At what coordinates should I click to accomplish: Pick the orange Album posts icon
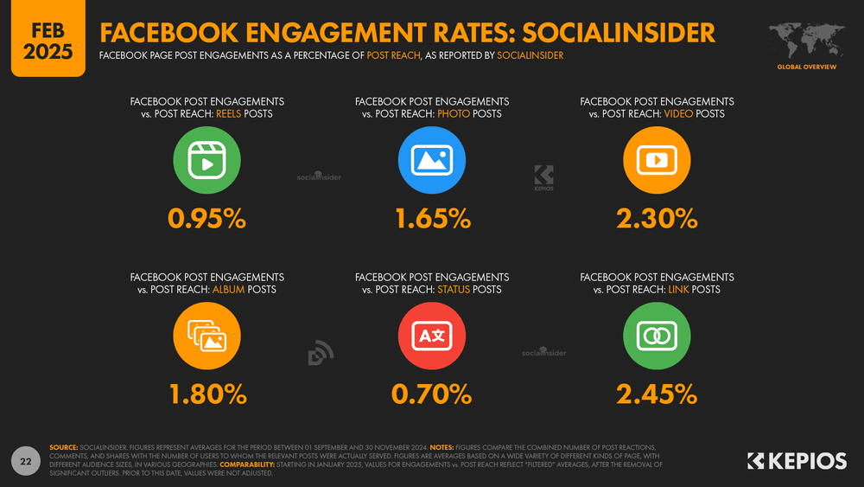tap(207, 336)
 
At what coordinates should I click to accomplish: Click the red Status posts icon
tap(432, 336)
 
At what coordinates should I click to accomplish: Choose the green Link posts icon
tap(657, 336)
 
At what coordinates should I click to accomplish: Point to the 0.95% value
tap(207, 220)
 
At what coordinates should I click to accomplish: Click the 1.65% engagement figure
tap(432, 220)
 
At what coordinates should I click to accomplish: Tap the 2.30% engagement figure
tap(657, 220)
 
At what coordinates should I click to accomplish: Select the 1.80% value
tap(207, 394)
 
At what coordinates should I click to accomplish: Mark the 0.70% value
tap(432, 394)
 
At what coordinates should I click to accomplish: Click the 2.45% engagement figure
tap(657, 394)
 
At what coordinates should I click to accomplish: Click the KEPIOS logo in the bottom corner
tap(796, 461)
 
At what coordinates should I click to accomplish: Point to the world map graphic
tap(804, 40)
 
